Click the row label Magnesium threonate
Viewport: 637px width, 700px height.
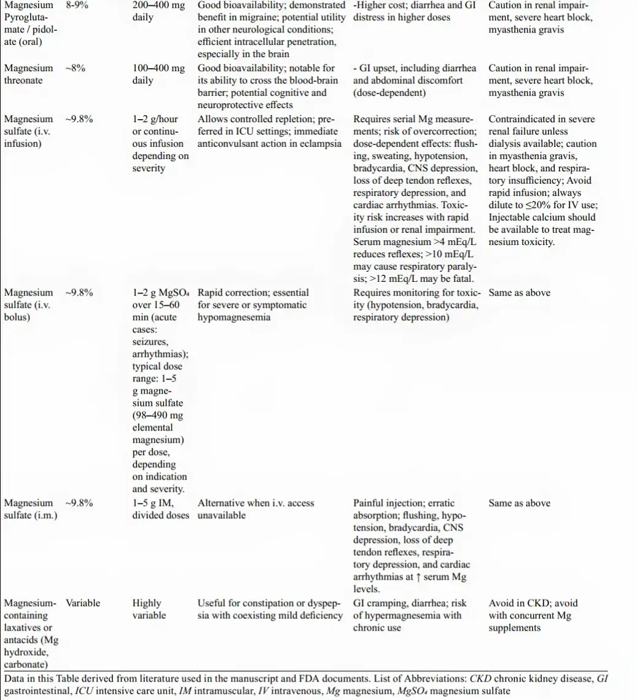point(28,74)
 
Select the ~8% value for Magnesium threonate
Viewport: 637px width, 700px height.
point(76,68)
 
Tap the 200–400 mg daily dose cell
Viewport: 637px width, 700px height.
point(158,11)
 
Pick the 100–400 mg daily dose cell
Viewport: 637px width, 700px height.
point(158,74)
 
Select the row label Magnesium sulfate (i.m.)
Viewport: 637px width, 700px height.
point(31,509)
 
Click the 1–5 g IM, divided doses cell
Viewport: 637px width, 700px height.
point(161,509)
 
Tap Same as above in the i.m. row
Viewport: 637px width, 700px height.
point(519,503)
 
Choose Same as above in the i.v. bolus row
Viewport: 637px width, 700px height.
point(519,293)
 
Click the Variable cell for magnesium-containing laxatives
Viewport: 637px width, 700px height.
point(83,603)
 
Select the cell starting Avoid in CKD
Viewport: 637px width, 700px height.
point(533,615)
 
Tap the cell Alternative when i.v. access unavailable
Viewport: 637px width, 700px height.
point(256,509)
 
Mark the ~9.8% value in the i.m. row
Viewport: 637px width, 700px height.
point(79,503)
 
